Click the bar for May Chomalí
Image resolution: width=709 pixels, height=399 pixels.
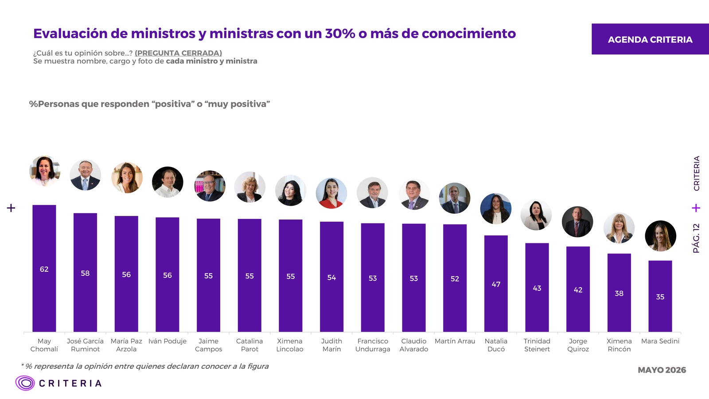44,268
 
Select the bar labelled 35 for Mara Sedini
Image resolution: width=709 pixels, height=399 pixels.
660,296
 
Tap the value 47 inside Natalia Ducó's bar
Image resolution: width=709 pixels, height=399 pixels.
496,284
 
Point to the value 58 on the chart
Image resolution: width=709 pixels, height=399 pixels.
85,273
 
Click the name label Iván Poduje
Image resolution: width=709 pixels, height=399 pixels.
168,341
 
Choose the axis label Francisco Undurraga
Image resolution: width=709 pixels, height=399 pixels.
373,345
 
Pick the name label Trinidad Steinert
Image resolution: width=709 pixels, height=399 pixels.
537,345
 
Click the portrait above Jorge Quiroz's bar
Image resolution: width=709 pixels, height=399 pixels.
577,222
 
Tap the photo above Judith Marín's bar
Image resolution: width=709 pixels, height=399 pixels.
331,193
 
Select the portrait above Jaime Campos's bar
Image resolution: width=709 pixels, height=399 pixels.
210,186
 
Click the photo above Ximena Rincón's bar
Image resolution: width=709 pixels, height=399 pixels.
619,228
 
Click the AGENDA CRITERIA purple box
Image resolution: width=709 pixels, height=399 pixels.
650,39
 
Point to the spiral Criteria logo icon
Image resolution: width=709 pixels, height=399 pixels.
25,383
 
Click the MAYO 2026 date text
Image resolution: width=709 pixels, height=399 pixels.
662,370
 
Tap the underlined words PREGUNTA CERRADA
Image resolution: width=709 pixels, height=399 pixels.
178,53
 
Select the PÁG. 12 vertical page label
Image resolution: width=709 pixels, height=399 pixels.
696,238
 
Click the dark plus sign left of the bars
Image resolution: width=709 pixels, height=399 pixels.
11,208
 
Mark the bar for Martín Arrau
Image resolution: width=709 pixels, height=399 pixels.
455,278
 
